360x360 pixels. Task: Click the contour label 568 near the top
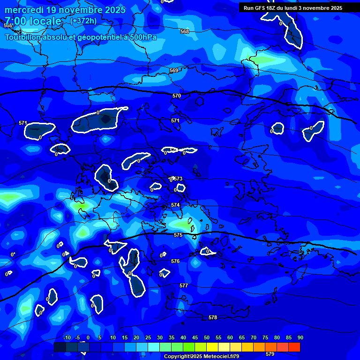tap(185, 31)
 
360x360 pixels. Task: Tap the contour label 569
tap(174, 70)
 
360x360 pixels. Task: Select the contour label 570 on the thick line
tap(176, 96)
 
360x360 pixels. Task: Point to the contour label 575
tap(178, 235)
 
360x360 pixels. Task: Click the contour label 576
tap(175, 261)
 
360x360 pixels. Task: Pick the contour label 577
tap(184, 285)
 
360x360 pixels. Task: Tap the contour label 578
tap(213, 317)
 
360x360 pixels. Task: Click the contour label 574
tap(175, 205)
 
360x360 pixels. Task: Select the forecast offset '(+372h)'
tap(83, 21)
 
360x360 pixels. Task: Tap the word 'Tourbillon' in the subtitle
tap(23, 37)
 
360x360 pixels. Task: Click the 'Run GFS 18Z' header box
tap(293, 8)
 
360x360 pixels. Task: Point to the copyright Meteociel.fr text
tap(202, 357)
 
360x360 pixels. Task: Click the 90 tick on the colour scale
tap(300, 337)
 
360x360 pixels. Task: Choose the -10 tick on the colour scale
tap(67, 337)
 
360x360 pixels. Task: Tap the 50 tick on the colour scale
tap(207, 337)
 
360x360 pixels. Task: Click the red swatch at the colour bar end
tap(294, 347)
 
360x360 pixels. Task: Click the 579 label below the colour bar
tap(270, 354)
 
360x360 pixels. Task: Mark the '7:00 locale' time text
tap(33, 21)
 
